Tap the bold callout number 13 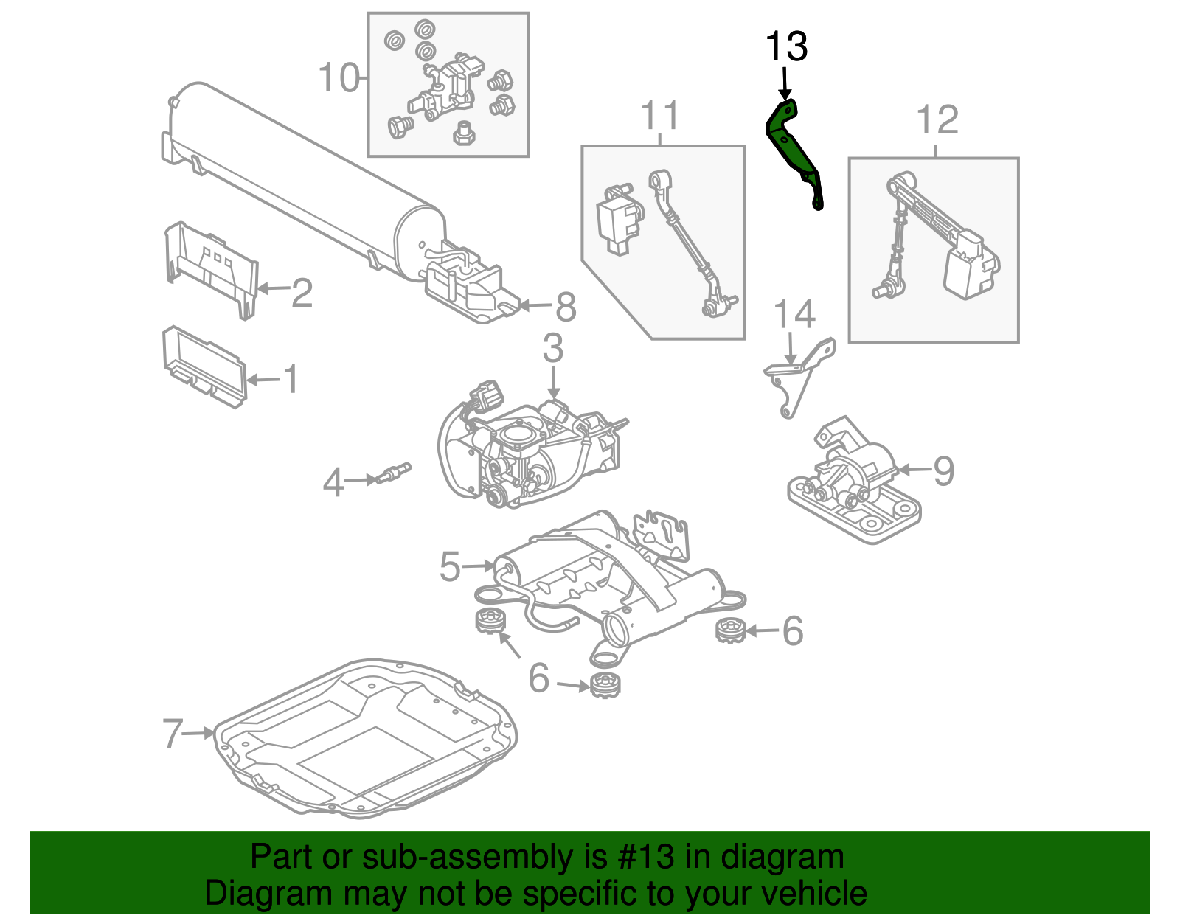[786, 47]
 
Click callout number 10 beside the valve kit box [339, 77]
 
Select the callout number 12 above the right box [937, 120]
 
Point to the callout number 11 [659, 116]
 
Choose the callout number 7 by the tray [173, 733]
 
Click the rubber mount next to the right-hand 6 [731, 630]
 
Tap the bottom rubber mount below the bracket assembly [605, 685]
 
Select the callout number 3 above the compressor [553, 348]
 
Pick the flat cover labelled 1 [203, 366]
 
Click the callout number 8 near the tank [566, 307]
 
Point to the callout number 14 [794, 315]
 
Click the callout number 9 [943, 471]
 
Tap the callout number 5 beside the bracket [450, 567]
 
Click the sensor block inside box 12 [970, 265]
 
